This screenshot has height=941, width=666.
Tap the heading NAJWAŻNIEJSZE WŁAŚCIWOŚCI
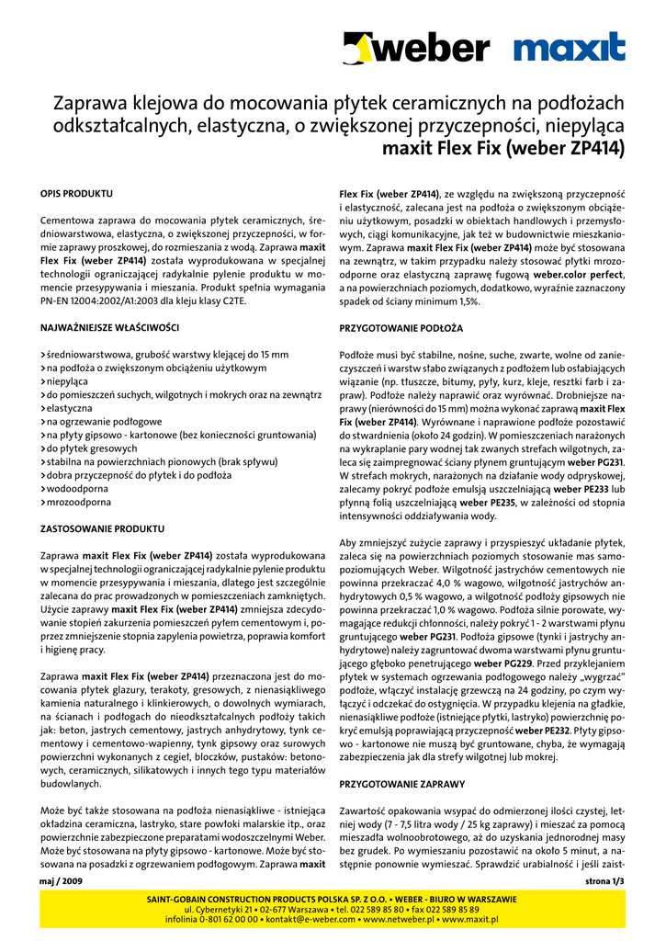coord(109,327)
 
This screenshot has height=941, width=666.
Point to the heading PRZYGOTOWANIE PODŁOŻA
coord(401,327)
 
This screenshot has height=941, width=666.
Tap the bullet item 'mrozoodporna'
coord(77,502)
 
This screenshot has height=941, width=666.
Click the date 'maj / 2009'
coord(62,881)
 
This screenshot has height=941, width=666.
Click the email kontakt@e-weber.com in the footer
coord(305,919)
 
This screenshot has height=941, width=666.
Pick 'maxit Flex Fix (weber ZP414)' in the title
coord(503,148)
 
